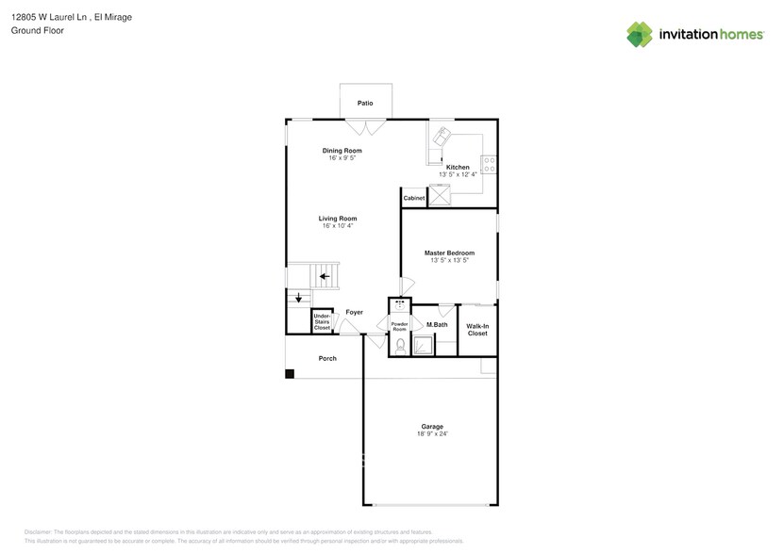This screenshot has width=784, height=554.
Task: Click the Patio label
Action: point(365,103)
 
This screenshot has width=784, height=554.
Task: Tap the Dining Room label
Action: point(342,151)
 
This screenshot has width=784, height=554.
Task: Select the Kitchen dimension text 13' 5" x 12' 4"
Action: point(457,174)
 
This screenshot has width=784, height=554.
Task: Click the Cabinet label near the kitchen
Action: point(414,199)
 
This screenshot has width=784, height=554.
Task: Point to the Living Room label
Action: point(337,219)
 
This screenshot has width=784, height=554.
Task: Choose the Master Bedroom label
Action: point(449,253)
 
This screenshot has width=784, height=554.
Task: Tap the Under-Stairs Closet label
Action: point(322,322)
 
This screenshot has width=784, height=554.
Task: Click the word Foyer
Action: point(354,312)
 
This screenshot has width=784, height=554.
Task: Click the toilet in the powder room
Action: point(398,345)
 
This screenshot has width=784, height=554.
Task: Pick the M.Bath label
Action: point(436,325)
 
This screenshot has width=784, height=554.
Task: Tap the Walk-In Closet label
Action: point(477,330)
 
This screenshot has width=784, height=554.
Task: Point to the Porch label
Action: point(327,358)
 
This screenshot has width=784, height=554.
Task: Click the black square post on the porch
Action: point(291,374)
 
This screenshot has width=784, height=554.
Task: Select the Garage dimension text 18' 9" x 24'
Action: point(431,433)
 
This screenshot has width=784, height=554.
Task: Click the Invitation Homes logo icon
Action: point(640,34)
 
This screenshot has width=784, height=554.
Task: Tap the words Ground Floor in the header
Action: point(34,31)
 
